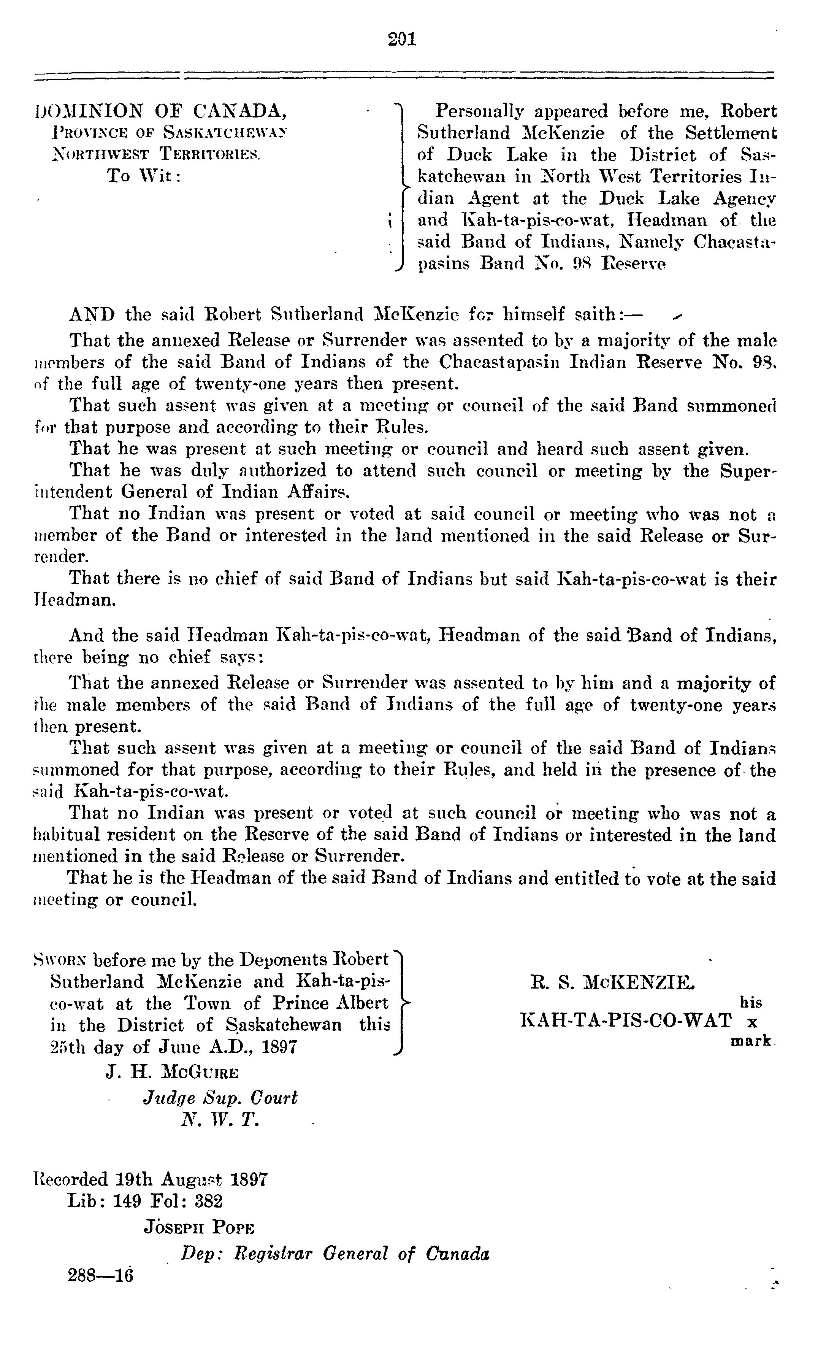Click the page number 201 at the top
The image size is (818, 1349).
coord(402,40)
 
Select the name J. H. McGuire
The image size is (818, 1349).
coord(172,1071)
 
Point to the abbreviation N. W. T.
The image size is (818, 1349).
coord(220,1120)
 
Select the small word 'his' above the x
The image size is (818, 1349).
coord(751,1003)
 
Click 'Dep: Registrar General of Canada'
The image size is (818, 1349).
coord(335,1253)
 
